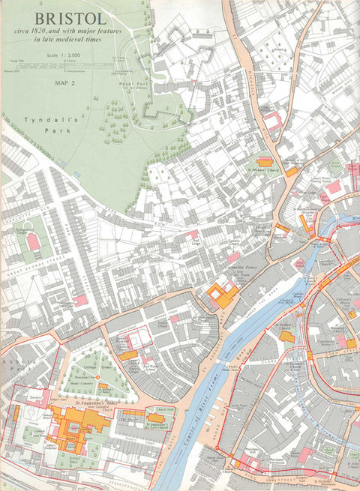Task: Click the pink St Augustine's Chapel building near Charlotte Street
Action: (32, 242)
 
